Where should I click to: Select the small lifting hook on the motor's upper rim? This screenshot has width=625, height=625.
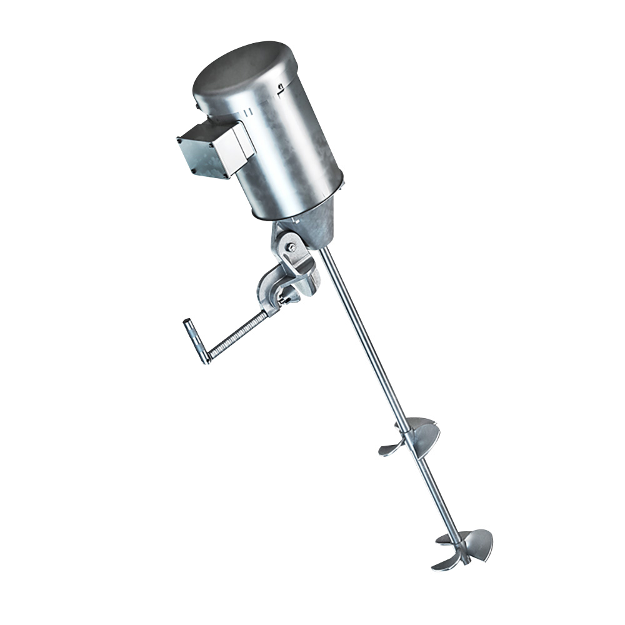[x=282, y=87]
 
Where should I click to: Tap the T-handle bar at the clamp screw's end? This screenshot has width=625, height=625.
[x=195, y=340]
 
